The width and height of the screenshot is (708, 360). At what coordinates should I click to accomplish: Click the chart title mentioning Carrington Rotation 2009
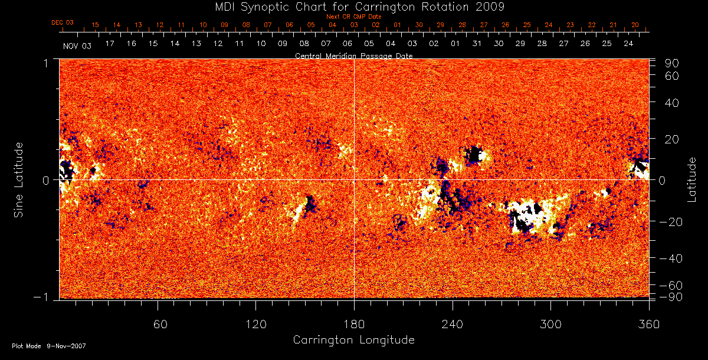coord(354,6)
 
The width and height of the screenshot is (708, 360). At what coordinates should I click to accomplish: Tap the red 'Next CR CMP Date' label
coord(354,17)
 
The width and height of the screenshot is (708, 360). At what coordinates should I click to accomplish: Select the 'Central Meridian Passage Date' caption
coord(353,55)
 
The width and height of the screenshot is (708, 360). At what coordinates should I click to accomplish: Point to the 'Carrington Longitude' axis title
coord(353,340)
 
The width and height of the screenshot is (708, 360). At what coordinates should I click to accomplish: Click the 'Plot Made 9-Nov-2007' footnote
coord(48,346)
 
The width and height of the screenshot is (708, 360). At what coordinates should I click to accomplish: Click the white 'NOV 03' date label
coord(77,45)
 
